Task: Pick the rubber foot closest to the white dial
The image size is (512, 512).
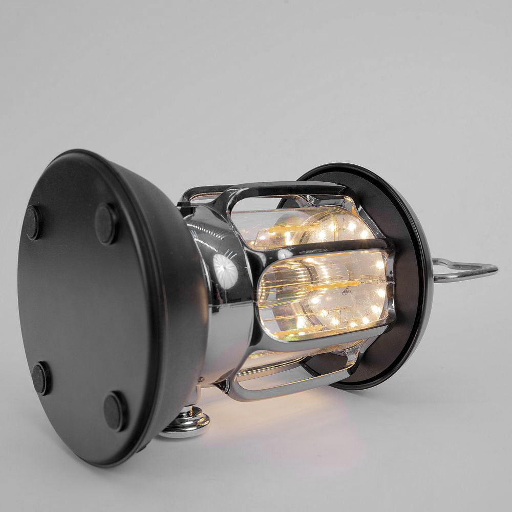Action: pos(106,224)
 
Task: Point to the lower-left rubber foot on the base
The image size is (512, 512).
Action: pos(41,378)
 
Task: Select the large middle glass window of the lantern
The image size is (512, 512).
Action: pos(323,294)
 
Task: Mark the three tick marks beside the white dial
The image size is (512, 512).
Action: pos(233,254)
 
